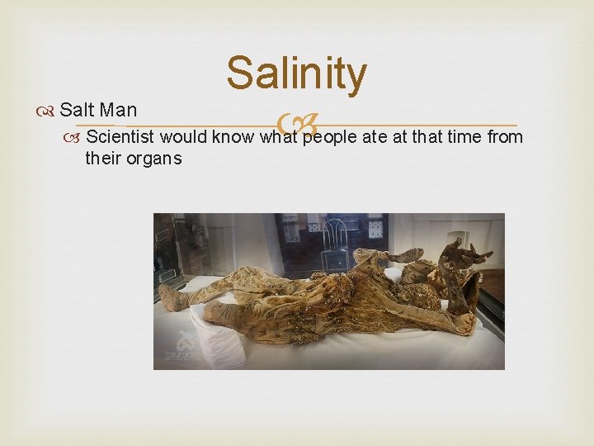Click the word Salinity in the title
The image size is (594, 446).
point(296,74)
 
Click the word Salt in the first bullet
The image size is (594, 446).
point(77,110)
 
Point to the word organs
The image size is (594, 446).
point(153,158)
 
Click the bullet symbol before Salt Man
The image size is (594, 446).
point(51,111)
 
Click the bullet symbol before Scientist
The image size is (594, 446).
point(76,136)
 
